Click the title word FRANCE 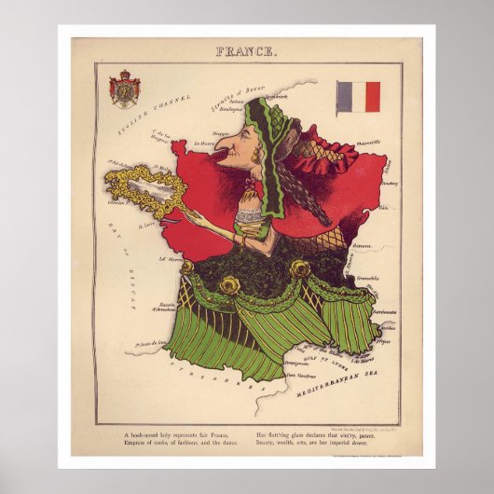[x=246, y=51]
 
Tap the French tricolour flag [x=358, y=96]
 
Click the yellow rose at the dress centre [x=229, y=283]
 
